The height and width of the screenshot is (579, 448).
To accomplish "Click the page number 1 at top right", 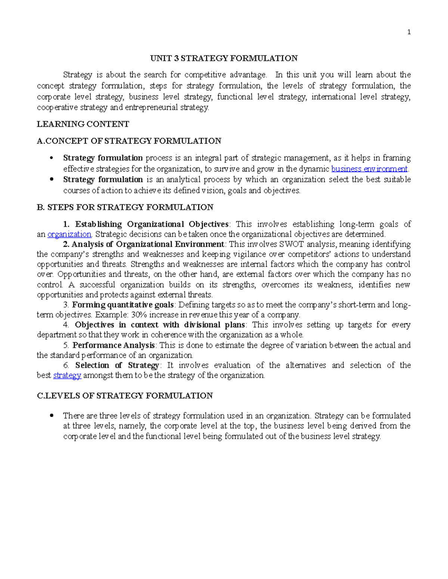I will pyautogui.click(x=409, y=32).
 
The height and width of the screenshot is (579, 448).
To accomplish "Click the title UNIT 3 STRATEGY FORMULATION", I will pyautogui.click(x=224, y=58).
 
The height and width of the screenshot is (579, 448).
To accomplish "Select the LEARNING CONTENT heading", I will pyautogui.click(x=83, y=124).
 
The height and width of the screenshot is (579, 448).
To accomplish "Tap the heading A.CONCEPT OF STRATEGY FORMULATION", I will pyautogui.click(x=129, y=141).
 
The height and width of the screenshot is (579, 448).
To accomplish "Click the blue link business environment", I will pyautogui.click(x=369, y=169).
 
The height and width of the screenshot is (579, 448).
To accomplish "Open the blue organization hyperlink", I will pyautogui.click(x=69, y=234).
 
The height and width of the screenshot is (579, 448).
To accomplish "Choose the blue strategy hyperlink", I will pyautogui.click(x=67, y=375).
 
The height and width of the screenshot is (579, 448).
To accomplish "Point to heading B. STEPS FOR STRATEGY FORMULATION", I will pyautogui.click(x=125, y=207).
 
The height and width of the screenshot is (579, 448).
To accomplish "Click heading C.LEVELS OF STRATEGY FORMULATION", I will pyautogui.click(x=125, y=396).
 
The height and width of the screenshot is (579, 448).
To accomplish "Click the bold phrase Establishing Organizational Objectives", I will pyautogui.click(x=152, y=224).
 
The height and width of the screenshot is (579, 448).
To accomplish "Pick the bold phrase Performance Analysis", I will pyautogui.click(x=113, y=345).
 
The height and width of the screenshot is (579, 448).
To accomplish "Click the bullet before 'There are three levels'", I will pyautogui.click(x=52, y=415).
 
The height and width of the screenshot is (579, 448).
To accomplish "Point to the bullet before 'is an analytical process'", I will pyautogui.click(x=52, y=179).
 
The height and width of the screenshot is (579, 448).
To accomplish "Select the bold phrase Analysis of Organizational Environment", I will pyautogui.click(x=147, y=244).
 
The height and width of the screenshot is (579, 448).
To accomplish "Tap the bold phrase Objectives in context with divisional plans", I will pyautogui.click(x=160, y=325).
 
